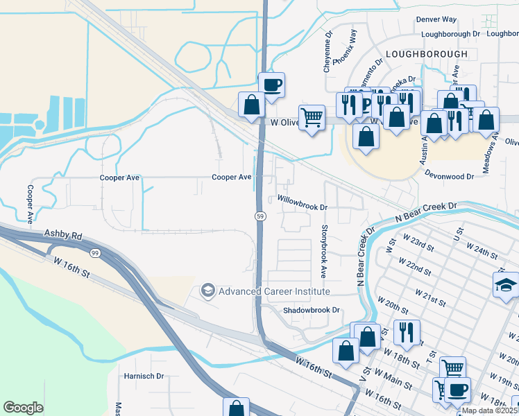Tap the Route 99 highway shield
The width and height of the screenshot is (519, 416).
point(94,254)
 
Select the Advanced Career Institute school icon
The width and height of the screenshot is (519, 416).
point(207,291)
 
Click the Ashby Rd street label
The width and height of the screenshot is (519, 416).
point(64,236)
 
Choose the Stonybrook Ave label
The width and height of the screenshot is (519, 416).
point(324,248)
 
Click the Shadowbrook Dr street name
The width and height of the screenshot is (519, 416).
point(312,310)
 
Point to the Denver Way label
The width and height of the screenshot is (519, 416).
point(436,20)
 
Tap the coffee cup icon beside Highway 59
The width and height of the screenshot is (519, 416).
point(272,85)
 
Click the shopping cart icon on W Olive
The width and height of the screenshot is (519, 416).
point(312,118)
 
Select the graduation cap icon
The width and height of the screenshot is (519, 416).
point(506,284)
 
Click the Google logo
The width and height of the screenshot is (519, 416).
point(23,408)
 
